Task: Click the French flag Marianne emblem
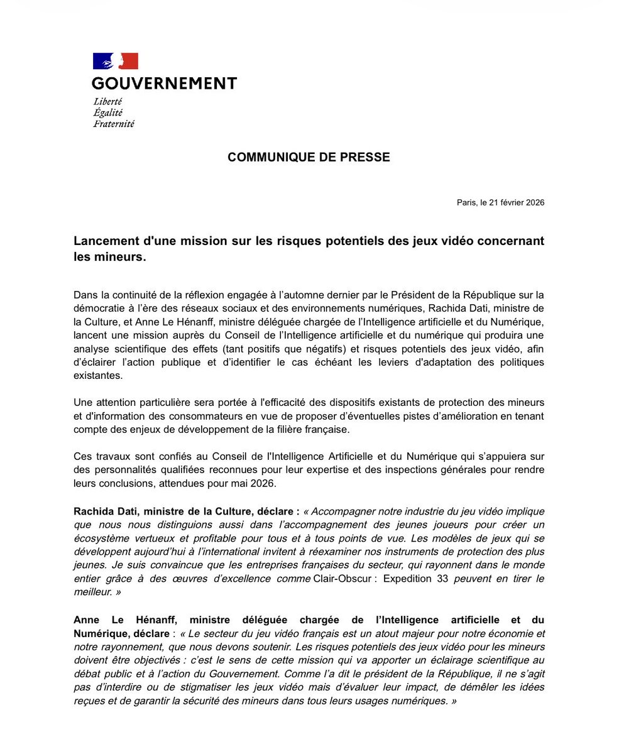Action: point(115,62)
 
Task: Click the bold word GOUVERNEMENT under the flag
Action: point(164,83)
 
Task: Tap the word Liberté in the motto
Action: point(107,101)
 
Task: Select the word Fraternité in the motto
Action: point(113,124)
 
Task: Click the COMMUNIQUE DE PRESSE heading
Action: point(309,157)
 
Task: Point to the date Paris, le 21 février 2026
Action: point(500,202)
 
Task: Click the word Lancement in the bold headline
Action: point(104,241)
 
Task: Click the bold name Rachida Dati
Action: point(104,511)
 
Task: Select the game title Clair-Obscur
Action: point(342,577)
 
